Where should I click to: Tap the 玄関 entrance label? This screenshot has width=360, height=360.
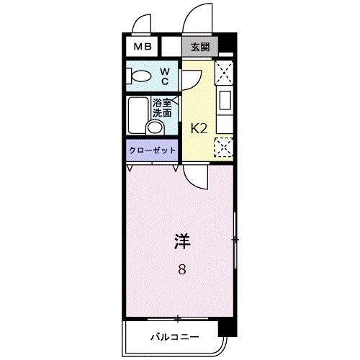click(x=200, y=47)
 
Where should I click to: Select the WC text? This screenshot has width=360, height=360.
click(x=164, y=75)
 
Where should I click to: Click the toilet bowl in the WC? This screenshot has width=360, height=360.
click(x=141, y=75)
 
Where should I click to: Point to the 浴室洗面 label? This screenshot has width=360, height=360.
click(x=162, y=107)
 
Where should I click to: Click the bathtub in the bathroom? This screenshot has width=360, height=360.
click(x=138, y=114)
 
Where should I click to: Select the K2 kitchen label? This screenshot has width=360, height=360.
click(x=198, y=129)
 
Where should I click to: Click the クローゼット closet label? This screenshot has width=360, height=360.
click(x=152, y=150)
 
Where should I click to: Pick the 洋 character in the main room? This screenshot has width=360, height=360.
click(x=181, y=242)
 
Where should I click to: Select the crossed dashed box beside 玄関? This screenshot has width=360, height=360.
click(x=225, y=72)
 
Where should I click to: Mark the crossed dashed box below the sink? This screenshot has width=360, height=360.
click(x=225, y=148)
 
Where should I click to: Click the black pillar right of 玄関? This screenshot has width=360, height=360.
click(x=227, y=43)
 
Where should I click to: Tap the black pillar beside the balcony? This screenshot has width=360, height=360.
click(x=228, y=328)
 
